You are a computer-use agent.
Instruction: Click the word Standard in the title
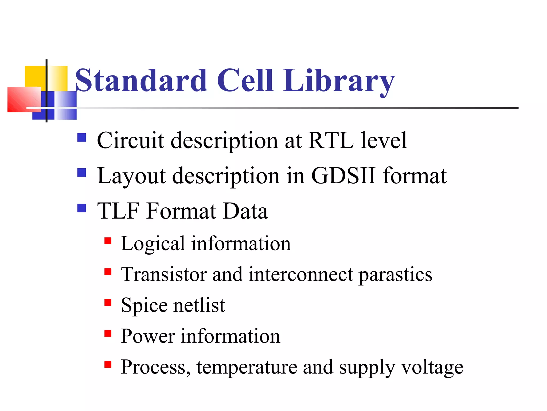point(141,80)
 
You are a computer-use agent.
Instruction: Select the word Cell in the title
point(245,80)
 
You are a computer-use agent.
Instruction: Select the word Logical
point(153,244)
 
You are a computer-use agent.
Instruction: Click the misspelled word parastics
point(395,275)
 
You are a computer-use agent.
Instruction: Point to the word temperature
point(247,367)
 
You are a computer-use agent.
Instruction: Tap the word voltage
point(432,367)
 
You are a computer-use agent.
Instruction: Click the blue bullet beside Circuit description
point(82,138)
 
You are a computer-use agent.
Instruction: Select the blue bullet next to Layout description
point(82,173)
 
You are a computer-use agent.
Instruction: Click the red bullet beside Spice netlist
point(108,303)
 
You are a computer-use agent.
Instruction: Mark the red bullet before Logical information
point(108,241)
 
